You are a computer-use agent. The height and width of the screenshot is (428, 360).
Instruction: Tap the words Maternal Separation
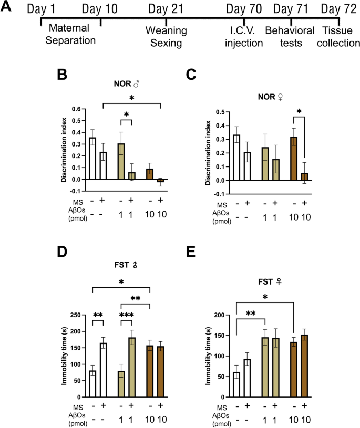point(70,34)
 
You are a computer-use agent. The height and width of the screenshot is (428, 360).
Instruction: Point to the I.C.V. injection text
point(244,38)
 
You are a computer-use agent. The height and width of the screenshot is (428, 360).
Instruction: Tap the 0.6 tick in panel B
point(76,110)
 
